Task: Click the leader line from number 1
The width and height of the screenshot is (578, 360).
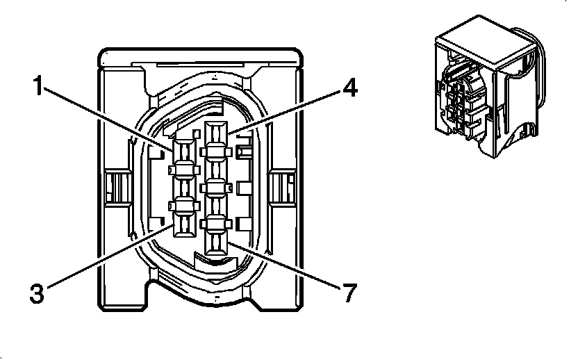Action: click(x=111, y=119)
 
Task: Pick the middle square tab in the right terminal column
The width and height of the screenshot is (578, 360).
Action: click(x=215, y=186)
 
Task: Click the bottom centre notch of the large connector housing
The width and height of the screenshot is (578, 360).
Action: click(x=201, y=302)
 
